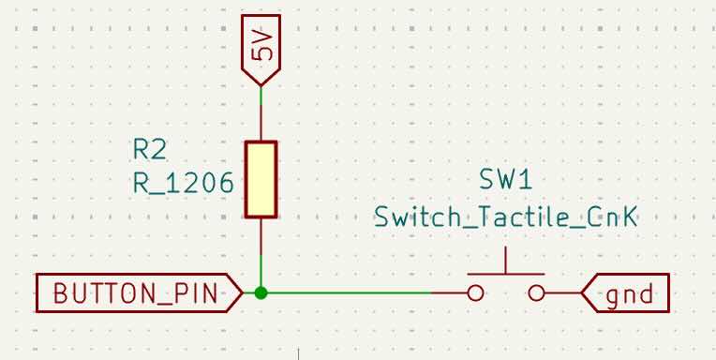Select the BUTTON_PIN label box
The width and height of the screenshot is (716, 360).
pyautogui.click(x=140, y=292)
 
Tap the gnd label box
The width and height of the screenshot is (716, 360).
pyautogui.click(x=626, y=292)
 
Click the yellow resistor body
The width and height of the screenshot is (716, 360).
pyautogui.click(x=261, y=179)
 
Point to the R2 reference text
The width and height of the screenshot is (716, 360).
pyautogui.click(x=149, y=150)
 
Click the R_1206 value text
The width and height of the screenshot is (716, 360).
pyautogui.click(x=183, y=184)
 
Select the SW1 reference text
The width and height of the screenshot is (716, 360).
pyautogui.click(x=505, y=180)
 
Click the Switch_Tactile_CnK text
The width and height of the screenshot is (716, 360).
pyautogui.click(x=505, y=217)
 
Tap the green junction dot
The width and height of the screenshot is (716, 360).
pyautogui.click(x=261, y=292)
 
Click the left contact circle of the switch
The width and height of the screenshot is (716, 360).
pyautogui.click(x=475, y=292)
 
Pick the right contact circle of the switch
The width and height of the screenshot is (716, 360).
pyautogui.click(x=537, y=292)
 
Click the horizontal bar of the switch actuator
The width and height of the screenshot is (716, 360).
pyautogui.click(x=506, y=274)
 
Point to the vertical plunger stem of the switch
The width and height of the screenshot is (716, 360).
pyautogui.click(x=506, y=261)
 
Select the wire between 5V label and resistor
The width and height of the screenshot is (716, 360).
pyautogui.click(x=261, y=113)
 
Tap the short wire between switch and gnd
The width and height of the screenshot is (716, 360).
pyautogui.click(x=563, y=292)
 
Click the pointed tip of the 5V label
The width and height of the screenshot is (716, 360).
pyautogui.click(x=261, y=85)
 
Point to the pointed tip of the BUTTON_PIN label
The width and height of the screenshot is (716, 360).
pyautogui.click(x=243, y=292)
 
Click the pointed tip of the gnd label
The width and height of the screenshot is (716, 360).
pyautogui.click(x=582, y=292)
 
